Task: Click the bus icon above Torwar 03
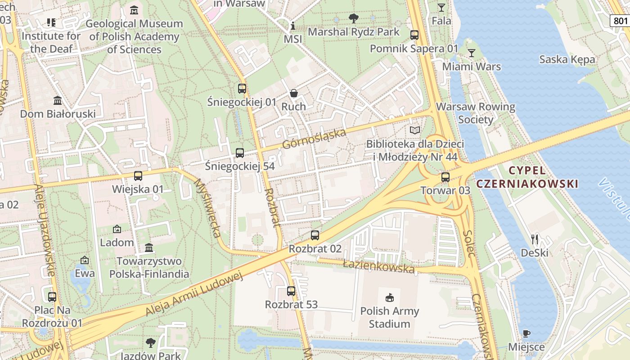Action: pyautogui.click(x=445, y=177)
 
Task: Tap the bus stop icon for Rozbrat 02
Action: pyautogui.click(x=315, y=235)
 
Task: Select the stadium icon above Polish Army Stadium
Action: pyautogui.click(x=390, y=297)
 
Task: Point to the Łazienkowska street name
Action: pyautogui.click(x=378, y=266)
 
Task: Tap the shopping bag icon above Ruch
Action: pyautogui.click(x=294, y=93)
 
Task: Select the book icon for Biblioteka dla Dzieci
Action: pyautogui.click(x=415, y=130)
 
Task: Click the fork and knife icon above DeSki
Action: pyautogui.click(x=535, y=239)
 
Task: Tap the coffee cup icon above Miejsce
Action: pyautogui.click(x=526, y=333)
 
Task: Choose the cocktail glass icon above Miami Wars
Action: pyautogui.click(x=472, y=53)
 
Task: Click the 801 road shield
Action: pyautogui.click(x=620, y=20)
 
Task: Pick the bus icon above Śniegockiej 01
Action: pyautogui.click(x=242, y=88)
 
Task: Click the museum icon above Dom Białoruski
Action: pyautogui.click(x=58, y=100)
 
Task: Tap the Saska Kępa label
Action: pyautogui.click(x=567, y=59)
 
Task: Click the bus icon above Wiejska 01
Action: pyautogui.click(x=138, y=175)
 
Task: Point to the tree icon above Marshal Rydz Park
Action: pyautogui.click(x=354, y=18)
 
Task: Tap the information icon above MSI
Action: pyautogui.click(x=293, y=26)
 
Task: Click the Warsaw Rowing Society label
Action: pyautogui.click(x=476, y=113)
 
